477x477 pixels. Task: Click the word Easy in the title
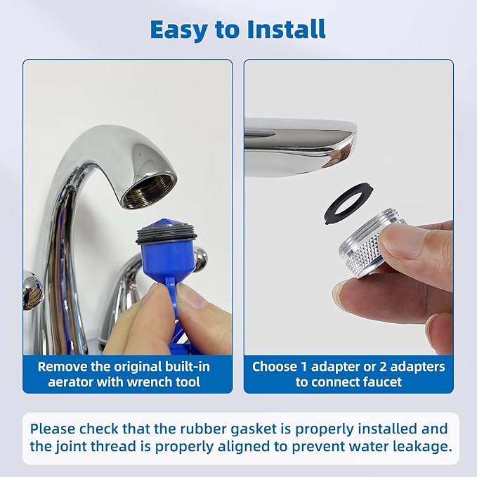click(179, 30)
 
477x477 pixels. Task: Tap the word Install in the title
click(286, 30)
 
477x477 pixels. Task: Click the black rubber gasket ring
click(348, 203)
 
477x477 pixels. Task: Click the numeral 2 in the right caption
click(383, 367)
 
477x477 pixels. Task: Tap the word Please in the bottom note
click(53, 429)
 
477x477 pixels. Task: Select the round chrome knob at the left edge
click(32, 289)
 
